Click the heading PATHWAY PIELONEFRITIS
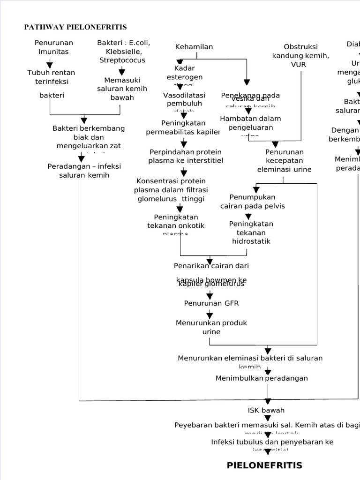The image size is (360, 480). tap(75, 27)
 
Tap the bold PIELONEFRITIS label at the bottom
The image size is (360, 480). tap(264, 465)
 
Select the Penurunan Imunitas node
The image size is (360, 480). tap(53, 47)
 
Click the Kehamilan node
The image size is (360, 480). tap(194, 46)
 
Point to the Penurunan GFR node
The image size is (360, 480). tap(211, 303)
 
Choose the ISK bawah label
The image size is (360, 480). tap(266, 410)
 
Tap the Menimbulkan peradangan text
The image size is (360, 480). tap(262, 378)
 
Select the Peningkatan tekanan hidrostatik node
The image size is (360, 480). tap(251, 232)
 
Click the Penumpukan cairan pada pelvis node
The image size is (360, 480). tap(253, 201)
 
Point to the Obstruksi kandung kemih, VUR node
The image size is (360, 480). tap(300, 55)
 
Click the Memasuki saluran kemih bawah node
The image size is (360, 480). tap(122, 89)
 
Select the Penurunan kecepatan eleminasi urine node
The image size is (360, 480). tap(284, 161)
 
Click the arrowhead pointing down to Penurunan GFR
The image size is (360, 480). tap(210, 296)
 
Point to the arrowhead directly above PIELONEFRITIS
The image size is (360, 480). tap(268, 452)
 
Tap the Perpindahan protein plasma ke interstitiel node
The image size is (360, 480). tap(186, 156)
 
